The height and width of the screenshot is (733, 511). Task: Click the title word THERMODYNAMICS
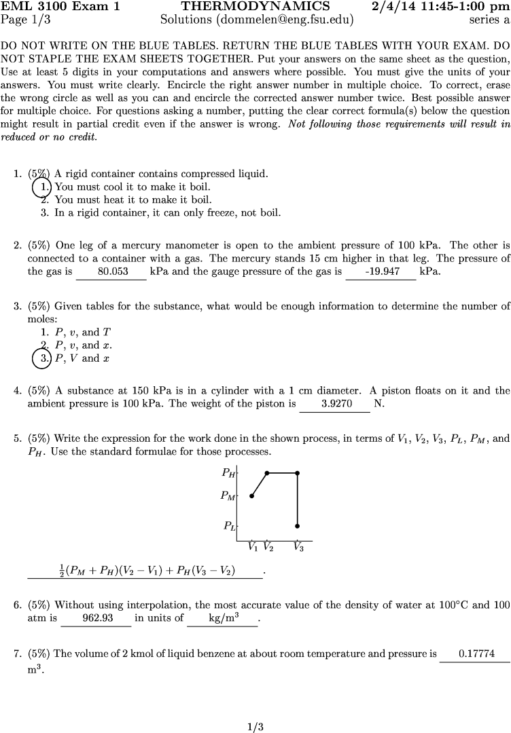click(x=255, y=7)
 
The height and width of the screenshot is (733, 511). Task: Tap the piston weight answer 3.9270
click(x=336, y=404)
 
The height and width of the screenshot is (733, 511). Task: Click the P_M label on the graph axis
click(x=228, y=496)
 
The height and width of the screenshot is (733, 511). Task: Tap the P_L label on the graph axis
click(x=229, y=525)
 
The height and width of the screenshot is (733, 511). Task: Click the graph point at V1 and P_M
click(x=252, y=496)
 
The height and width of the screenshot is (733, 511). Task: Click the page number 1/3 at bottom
click(x=255, y=728)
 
